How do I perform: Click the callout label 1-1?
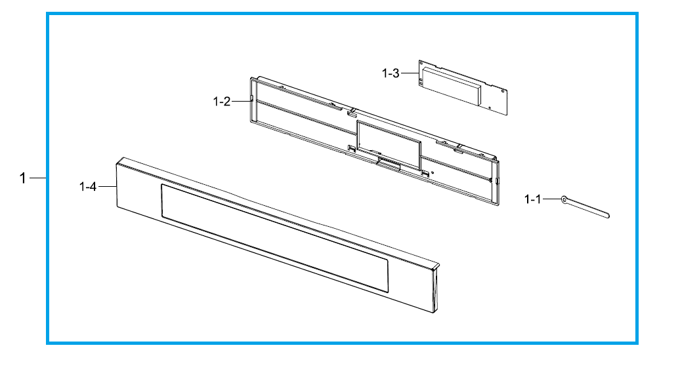click(532, 199)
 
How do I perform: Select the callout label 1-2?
click(222, 102)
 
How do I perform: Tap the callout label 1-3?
click(391, 73)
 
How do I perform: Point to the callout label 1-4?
click(87, 187)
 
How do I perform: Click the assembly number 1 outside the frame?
click(23, 178)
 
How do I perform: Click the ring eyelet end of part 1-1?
click(564, 199)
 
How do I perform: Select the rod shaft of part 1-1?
click(587, 208)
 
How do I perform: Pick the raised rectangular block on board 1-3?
click(451, 86)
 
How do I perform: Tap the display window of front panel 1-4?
click(274, 238)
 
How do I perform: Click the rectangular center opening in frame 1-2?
click(389, 145)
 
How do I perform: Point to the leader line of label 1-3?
click(410, 73)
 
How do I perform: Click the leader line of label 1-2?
click(242, 102)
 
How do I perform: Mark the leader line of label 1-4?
click(108, 187)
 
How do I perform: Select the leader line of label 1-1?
click(551, 199)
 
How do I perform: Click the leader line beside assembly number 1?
click(37, 178)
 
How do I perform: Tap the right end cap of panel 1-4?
click(435, 289)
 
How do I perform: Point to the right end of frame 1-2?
click(495, 182)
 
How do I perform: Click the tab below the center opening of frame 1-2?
click(389, 163)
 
